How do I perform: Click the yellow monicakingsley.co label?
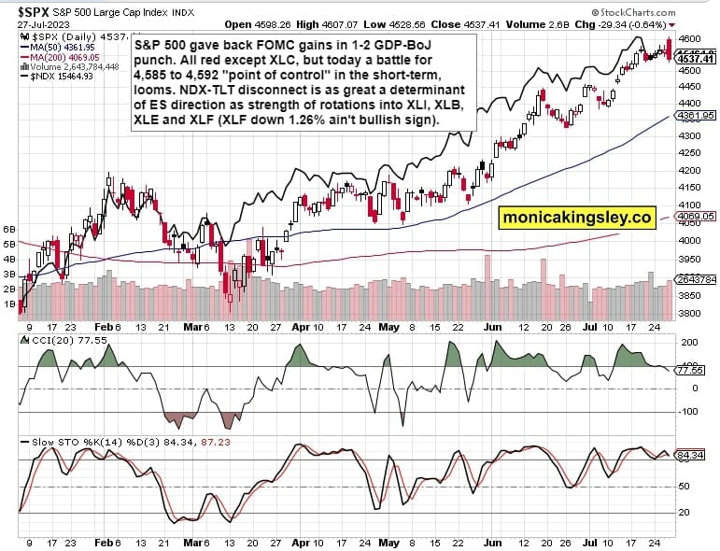pyautogui.click(x=576, y=218)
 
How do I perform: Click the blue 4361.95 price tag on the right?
pyautogui.click(x=697, y=116)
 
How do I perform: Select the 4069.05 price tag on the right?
pyautogui.click(x=697, y=216)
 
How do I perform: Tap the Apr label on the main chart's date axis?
pyautogui.click(x=301, y=329)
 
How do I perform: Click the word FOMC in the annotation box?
pyautogui.click(x=258, y=45)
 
